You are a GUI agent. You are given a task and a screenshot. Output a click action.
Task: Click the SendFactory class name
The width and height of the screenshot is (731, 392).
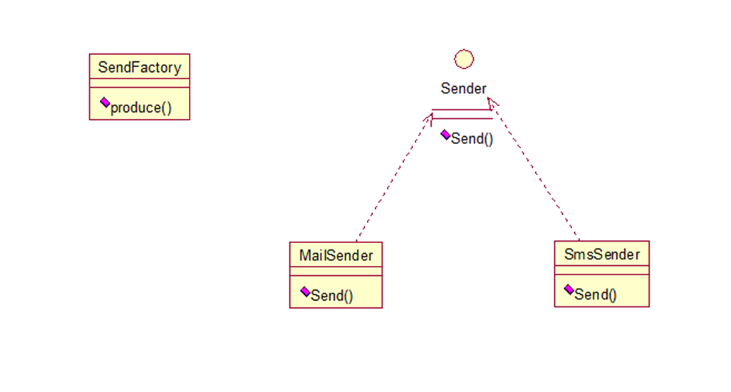(x=140, y=68)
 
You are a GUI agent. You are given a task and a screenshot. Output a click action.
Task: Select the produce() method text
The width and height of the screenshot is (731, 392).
(x=141, y=108)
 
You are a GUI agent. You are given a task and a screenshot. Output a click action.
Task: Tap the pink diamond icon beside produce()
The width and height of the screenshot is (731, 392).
(x=105, y=103)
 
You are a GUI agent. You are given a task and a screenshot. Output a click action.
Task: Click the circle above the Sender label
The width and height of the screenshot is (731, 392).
(x=464, y=59)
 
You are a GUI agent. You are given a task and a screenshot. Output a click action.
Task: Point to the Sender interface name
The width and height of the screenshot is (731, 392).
(x=464, y=89)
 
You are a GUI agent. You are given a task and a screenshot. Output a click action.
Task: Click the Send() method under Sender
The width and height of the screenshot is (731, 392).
(x=472, y=139)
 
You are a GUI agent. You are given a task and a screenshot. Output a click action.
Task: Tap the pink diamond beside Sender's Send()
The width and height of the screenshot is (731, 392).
(x=445, y=134)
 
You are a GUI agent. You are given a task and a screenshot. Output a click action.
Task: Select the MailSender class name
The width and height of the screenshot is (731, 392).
(x=336, y=255)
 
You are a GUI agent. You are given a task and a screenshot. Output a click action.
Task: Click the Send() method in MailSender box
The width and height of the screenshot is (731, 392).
(x=331, y=295)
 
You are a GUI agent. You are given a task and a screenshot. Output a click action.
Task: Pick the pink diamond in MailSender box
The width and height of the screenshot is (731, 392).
(x=305, y=292)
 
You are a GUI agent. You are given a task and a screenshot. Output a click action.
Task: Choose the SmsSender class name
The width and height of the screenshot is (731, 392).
(x=601, y=254)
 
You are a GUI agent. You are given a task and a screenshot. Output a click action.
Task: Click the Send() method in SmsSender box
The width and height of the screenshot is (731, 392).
(x=596, y=294)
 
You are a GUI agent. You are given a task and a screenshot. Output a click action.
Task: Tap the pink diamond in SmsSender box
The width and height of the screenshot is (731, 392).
(x=569, y=289)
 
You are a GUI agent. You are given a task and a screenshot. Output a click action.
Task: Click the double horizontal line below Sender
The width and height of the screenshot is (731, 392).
(x=462, y=115)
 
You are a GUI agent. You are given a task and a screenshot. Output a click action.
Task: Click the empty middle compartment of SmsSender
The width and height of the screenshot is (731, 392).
(x=601, y=270)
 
